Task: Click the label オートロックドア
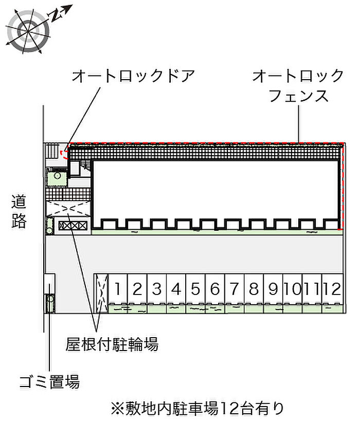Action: (133, 76)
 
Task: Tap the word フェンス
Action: (298, 96)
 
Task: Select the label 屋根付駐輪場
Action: (112, 344)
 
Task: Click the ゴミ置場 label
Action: (50, 382)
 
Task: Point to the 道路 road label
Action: (19, 212)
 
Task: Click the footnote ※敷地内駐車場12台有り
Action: (197, 409)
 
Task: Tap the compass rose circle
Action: (28, 31)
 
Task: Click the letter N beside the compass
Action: (56, 15)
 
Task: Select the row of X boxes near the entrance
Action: (73, 226)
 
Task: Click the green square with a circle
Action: (57, 177)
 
